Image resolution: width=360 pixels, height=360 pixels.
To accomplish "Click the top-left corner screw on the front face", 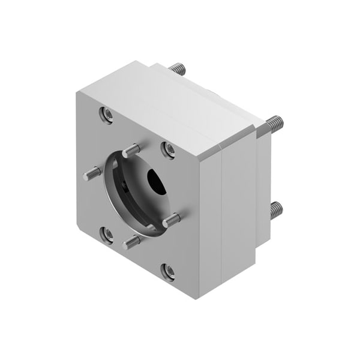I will (x=107, y=114).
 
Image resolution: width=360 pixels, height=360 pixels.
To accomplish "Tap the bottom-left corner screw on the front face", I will (x=107, y=235).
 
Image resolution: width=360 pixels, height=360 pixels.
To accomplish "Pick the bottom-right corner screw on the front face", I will (x=169, y=271).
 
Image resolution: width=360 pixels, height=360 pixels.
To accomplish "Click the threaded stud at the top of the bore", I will (x=133, y=149).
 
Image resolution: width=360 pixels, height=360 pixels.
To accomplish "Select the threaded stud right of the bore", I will (x=172, y=220).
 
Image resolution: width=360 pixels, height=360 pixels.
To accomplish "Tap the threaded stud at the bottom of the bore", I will (x=131, y=242).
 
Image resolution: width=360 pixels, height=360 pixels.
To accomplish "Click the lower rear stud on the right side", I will (x=275, y=209).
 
